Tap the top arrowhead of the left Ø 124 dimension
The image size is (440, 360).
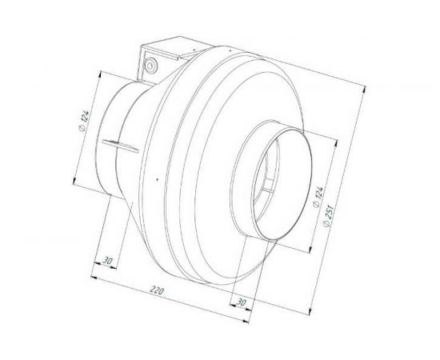point(98,74)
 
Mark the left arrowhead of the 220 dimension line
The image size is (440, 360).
point(95,277)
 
